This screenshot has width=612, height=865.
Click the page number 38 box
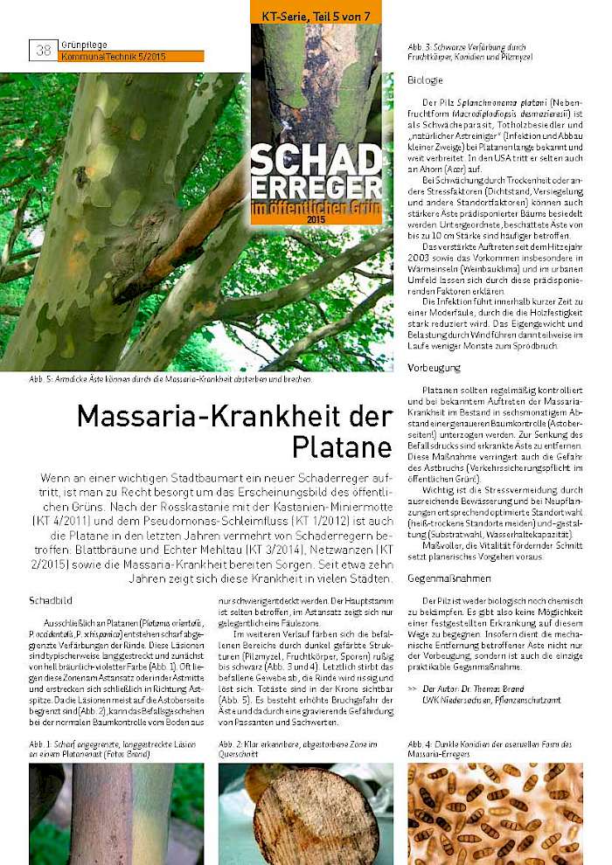tap(43, 51)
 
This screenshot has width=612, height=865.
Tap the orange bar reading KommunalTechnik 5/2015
tap(131, 56)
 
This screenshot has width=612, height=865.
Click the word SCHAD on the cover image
tap(316, 158)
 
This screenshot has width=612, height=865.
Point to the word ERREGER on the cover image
tap(316, 186)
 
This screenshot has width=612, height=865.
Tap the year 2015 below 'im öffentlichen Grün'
tap(316, 219)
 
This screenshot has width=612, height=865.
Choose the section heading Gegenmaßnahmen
tap(442, 578)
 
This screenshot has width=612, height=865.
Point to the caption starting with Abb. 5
tap(171, 379)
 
